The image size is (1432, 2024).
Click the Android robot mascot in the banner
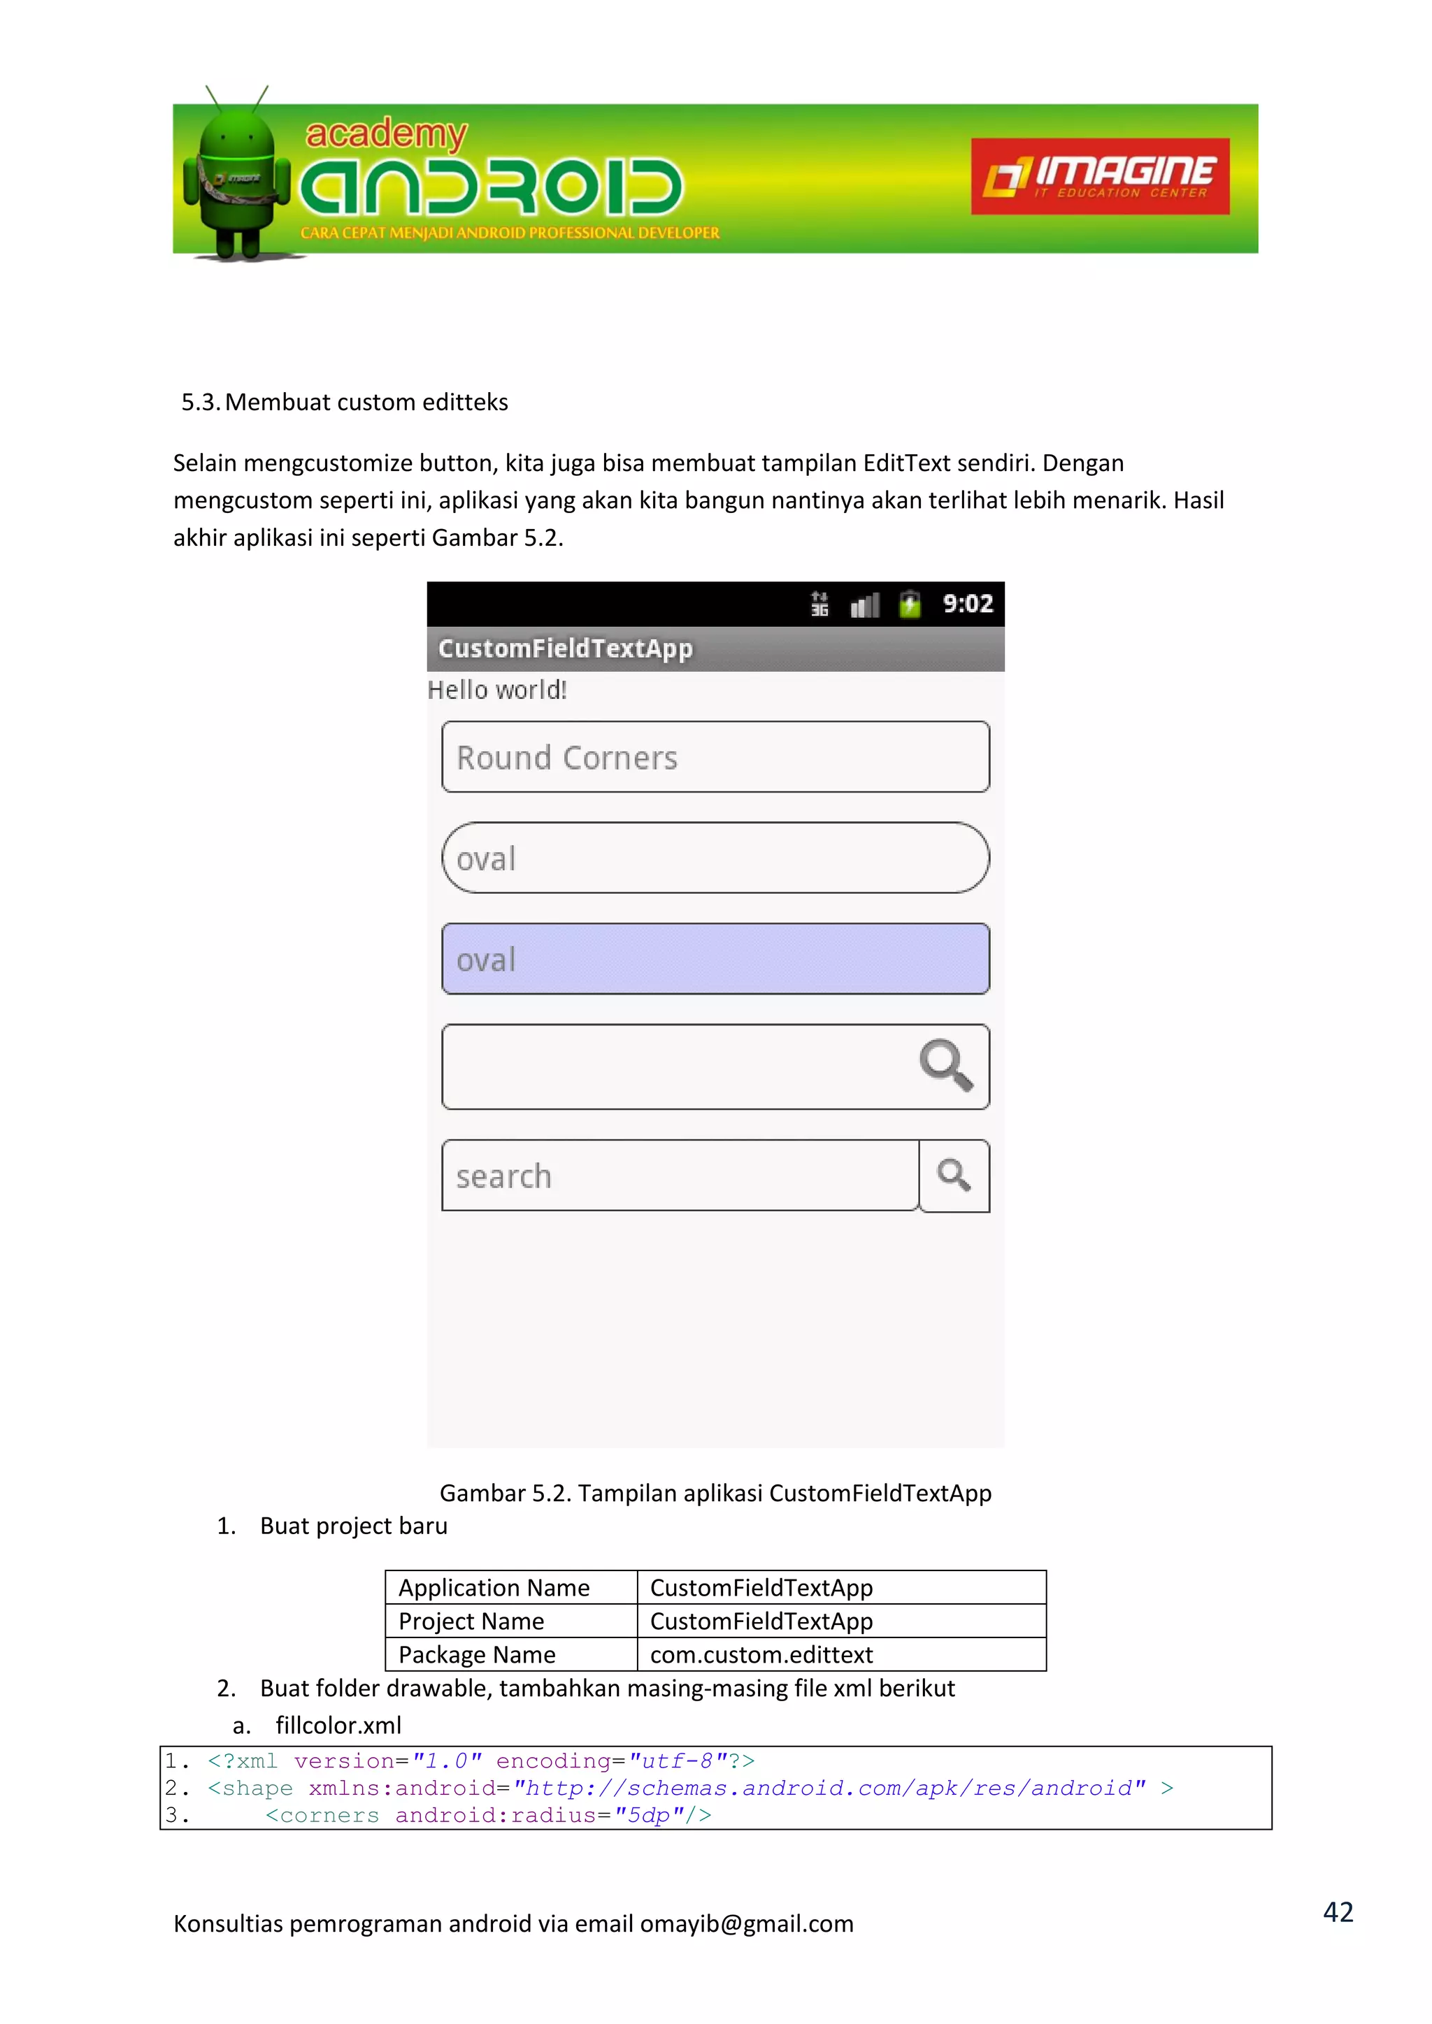(x=236, y=176)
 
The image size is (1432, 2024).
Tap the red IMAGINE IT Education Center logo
(x=1100, y=176)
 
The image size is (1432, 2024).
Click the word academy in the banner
(x=385, y=134)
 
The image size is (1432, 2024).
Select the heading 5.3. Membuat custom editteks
(x=345, y=402)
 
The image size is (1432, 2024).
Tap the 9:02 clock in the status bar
(x=967, y=604)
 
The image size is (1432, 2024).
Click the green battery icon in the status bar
(x=909, y=605)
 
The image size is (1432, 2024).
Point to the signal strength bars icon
(x=864, y=606)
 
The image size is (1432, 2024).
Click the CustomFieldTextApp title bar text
(x=565, y=649)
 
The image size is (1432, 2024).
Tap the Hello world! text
(x=496, y=691)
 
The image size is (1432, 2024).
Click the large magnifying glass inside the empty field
(x=945, y=1065)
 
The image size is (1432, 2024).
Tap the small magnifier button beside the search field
(x=954, y=1176)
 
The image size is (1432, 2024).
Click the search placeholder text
(x=503, y=1177)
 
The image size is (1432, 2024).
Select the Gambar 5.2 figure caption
(x=715, y=1494)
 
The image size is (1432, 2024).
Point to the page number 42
(x=1337, y=1911)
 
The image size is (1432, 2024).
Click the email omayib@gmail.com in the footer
(x=746, y=1923)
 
